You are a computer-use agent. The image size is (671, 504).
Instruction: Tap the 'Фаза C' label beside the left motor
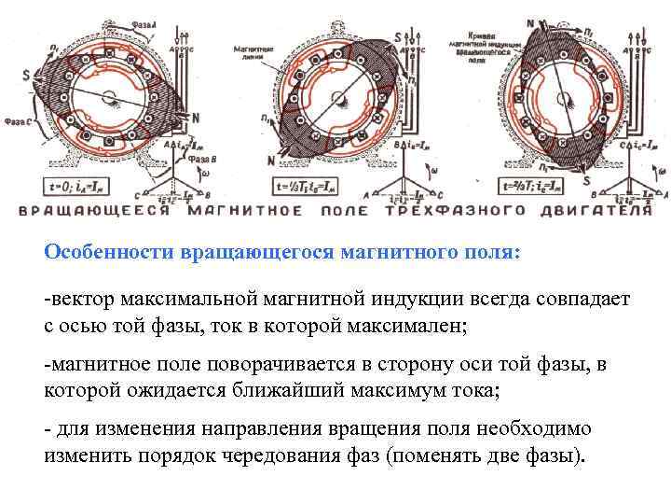[x=18, y=120]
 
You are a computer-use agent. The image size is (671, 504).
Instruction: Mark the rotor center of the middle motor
[x=332, y=98]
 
